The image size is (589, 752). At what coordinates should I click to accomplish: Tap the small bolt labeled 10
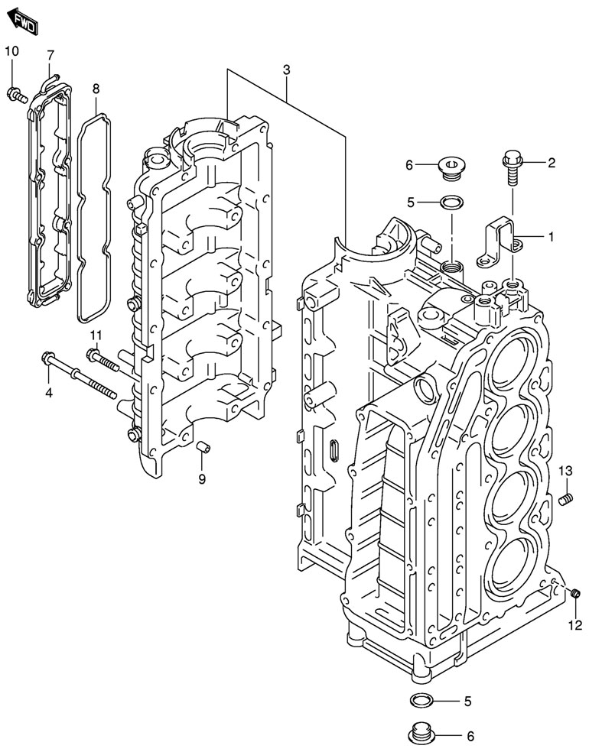tap(15, 95)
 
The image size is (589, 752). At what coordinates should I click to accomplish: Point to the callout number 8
tap(96, 89)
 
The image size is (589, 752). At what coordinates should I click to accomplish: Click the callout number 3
tap(286, 70)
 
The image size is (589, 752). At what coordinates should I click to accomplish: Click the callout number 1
tap(550, 237)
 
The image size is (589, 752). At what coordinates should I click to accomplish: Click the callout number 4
tap(48, 393)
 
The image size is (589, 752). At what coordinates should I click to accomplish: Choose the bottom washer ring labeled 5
tap(420, 700)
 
